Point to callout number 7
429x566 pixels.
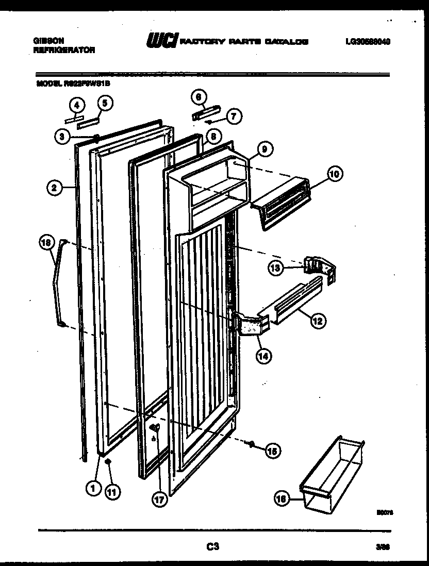click(x=234, y=116)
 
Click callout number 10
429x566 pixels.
click(x=335, y=174)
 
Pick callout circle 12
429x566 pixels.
click(x=318, y=321)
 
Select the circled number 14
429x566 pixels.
click(x=266, y=355)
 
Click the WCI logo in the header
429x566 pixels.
click(x=162, y=41)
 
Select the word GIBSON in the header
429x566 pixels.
click(x=45, y=41)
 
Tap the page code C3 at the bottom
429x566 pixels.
click(x=212, y=546)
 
